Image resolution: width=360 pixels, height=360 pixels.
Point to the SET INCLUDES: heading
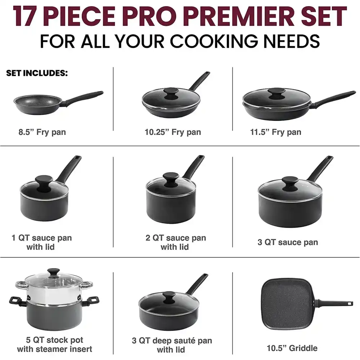pyautogui.click(x=37, y=73)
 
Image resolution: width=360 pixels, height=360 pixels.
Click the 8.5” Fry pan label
pyautogui.click(x=42, y=132)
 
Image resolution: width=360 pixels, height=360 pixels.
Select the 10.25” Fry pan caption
pyautogui.click(x=173, y=132)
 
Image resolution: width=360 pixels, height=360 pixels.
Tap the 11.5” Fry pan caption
pyautogui.click(x=275, y=132)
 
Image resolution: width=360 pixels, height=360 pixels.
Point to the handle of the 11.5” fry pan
pyautogui.click(x=333, y=98)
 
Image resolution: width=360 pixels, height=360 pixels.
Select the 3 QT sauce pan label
pyautogui.click(x=288, y=242)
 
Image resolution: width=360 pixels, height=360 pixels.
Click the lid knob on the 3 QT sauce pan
pyautogui.click(x=290, y=184)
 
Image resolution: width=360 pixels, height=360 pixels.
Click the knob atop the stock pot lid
pyautogui.click(x=54, y=273)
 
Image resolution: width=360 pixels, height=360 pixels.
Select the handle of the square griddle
pyautogui.click(x=334, y=303)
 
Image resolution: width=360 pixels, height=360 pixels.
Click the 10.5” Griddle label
pyautogui.click(x=292, y=348)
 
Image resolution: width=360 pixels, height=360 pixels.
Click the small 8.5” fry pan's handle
pyautogui.click(x=84, y=98)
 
